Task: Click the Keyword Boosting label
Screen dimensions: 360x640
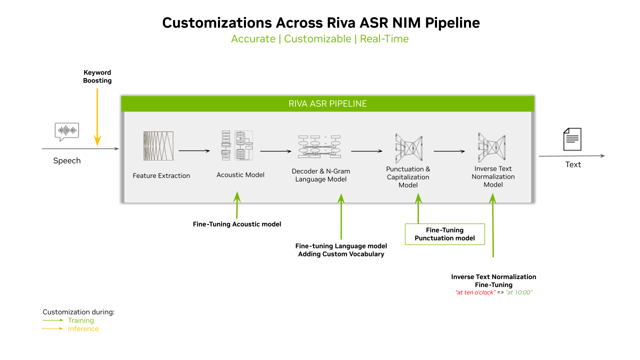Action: (97, 76)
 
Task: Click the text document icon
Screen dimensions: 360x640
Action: (572, 139)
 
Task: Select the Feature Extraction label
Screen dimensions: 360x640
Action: (161, 175)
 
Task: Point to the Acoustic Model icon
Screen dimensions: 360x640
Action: (237, 145)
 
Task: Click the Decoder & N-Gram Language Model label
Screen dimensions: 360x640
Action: (320, 175)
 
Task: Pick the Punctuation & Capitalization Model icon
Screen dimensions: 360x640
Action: (408, 148)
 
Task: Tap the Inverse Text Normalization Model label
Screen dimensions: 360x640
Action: (493, 176)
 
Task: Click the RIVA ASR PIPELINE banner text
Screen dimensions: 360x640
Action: (327, 104)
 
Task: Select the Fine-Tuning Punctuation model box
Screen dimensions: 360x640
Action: (444, 234)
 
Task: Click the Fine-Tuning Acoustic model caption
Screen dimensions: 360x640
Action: (237, 224)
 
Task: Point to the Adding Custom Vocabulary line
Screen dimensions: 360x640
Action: (341, 254)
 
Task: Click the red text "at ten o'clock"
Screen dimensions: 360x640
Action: (475, 292)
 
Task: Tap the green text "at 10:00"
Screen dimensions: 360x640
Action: (519, 292)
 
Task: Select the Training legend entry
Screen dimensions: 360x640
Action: (80, 320)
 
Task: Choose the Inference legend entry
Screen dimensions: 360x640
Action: (83, 329)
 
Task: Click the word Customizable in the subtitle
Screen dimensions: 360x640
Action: (317, 39)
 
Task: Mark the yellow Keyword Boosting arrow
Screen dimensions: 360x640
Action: (97, 115)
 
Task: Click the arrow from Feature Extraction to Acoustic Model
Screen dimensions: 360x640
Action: (193, 150)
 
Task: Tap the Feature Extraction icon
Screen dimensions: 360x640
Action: (158, 146)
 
